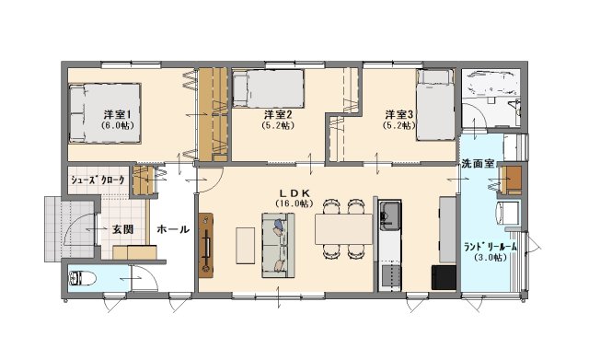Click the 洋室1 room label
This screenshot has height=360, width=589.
117,114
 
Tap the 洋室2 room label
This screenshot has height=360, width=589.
278,114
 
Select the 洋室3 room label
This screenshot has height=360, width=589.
398,114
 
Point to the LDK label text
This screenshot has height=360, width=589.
294,193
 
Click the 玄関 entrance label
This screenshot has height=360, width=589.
122,229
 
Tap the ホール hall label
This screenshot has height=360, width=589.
173,229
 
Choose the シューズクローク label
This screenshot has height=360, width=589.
98,180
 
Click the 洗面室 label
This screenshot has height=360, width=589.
478,164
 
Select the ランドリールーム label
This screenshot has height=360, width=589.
491,247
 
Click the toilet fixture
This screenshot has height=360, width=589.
82,279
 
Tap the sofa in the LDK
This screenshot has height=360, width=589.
278,245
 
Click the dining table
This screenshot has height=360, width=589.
343,229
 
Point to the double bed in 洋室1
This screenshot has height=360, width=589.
105,113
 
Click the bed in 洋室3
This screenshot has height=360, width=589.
435,104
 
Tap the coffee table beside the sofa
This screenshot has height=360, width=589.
246,245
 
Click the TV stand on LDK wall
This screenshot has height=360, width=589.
206,246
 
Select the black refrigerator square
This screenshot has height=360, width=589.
444,278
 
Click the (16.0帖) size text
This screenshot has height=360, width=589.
294,203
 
